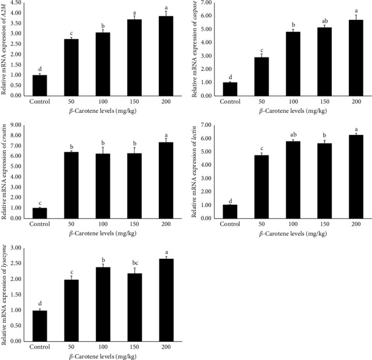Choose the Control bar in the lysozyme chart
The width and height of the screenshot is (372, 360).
point(40,326)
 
